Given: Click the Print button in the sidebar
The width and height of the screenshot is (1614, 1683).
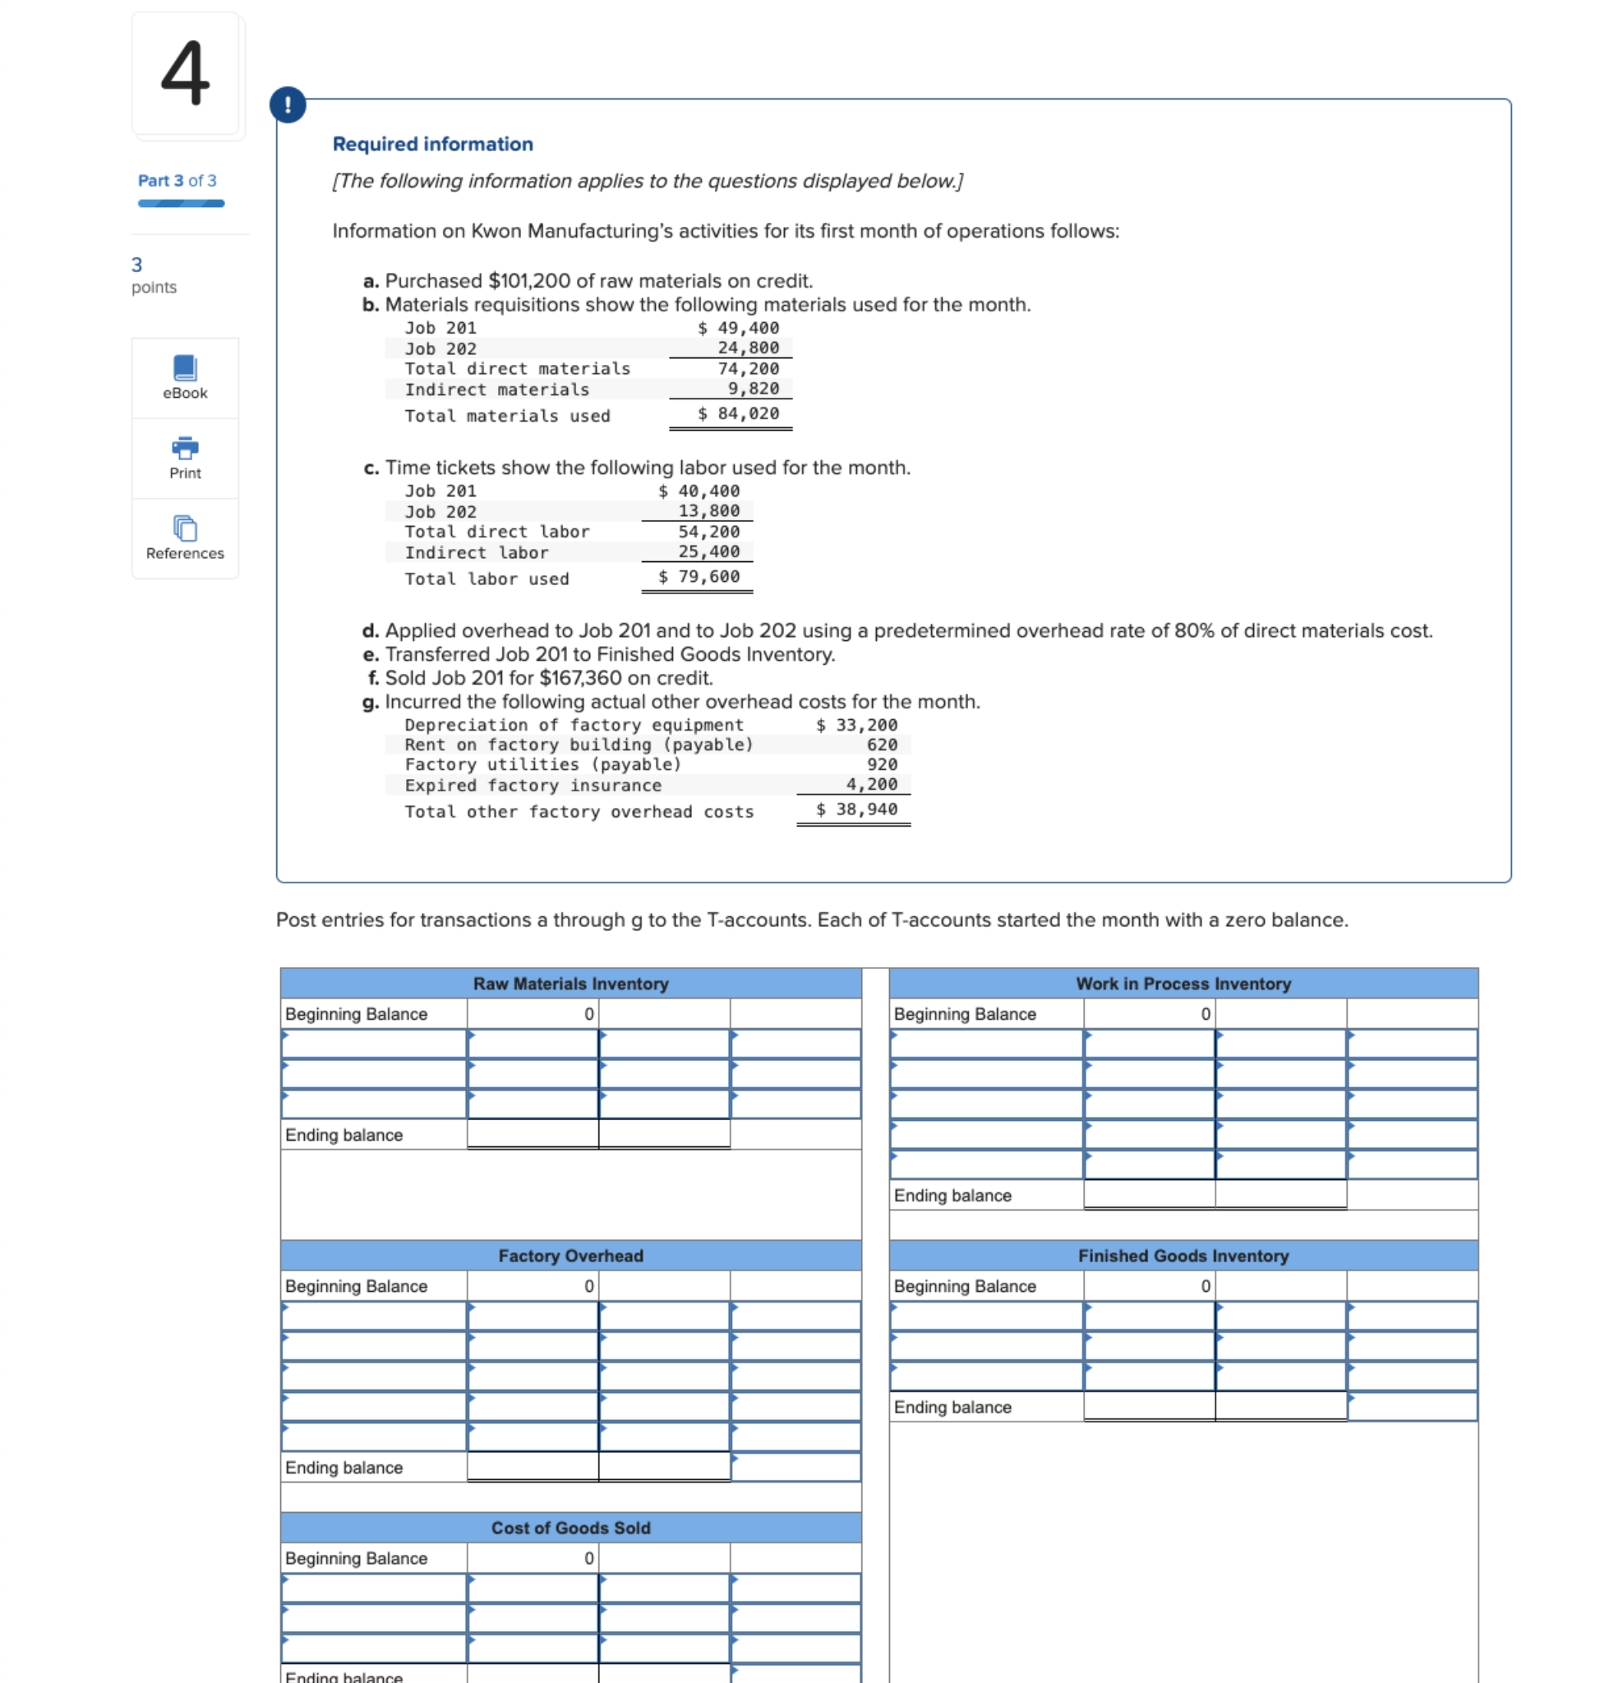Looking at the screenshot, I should point(185,458).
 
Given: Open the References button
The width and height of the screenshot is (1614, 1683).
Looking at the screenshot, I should point(185,538).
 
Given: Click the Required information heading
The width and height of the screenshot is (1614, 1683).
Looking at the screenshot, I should point(433,145).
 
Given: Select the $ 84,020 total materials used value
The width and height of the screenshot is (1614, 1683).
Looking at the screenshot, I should point(738,414).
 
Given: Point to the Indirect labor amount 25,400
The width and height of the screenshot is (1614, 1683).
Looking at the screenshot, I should point(708,552).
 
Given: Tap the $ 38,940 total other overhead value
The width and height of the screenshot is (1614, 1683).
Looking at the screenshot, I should point(856,809).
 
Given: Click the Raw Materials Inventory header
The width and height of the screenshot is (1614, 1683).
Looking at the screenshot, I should point(571,984).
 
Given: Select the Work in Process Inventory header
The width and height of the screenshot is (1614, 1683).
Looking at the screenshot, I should point(1183,984).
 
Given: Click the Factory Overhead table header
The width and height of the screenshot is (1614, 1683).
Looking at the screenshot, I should point(571,1256).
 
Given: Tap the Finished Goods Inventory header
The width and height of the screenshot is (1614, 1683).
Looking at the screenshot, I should point(1183,1256).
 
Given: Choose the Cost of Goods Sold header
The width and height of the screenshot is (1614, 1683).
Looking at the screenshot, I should point(571,1529).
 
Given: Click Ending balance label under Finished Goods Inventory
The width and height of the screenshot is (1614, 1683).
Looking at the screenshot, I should point(952,1408).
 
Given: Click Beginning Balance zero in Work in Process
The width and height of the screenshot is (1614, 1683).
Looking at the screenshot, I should point(1205,1014).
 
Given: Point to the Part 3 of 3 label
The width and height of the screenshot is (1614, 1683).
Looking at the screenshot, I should point(177,180).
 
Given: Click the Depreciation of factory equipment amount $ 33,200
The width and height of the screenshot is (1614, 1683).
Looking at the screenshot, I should point(856,726).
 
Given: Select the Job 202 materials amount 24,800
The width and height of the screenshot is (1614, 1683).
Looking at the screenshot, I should point(748,348).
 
